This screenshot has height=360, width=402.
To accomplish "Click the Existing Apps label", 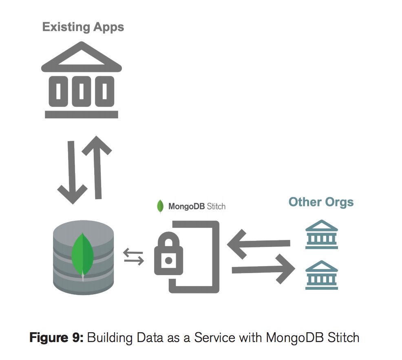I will point(83,27).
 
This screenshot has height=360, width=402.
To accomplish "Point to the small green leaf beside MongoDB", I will point(161,207).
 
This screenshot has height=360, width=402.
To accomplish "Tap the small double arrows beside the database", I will point(134,257).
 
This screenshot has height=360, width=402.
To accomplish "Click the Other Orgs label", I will point(321,202).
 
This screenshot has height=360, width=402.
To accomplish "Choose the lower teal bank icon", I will point(322,275).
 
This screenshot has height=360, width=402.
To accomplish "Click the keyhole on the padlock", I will point(167,259).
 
